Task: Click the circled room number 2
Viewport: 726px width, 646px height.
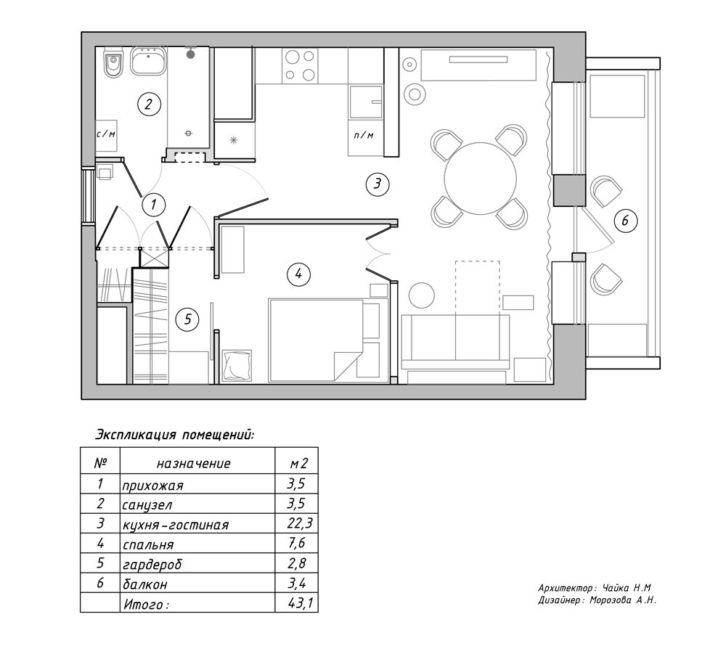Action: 148,104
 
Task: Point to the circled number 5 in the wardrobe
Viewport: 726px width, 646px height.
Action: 187,319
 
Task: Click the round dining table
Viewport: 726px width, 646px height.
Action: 480,178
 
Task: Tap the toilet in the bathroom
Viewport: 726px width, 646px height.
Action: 112,65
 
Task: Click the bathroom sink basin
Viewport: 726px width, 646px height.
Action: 150,62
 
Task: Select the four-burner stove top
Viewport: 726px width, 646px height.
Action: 300,65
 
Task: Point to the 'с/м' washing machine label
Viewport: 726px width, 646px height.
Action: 106,134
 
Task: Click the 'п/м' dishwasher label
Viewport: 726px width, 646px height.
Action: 364,135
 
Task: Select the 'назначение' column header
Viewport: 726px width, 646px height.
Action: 194,463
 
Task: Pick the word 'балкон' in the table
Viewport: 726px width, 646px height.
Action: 147,583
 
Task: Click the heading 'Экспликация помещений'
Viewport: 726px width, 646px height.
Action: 175,435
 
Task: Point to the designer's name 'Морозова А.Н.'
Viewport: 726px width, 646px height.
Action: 625,600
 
